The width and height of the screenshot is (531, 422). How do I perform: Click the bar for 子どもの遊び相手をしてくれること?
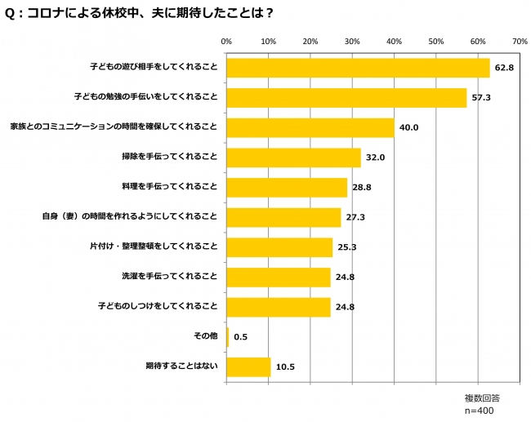click(x=358, y=68)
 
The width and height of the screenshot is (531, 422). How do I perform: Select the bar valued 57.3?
click(x=346, y=98)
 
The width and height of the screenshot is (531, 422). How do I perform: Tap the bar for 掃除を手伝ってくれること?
click(x=293, y=158)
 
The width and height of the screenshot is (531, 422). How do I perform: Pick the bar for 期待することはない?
click(x=248, y=366)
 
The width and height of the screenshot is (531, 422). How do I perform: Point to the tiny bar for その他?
click(x=228, y=336)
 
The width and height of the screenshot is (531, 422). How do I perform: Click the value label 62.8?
click(x=503, y=69)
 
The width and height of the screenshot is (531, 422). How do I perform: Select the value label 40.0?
click(x=408, y=128)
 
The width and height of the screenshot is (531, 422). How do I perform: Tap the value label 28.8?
click(x=361, y=188)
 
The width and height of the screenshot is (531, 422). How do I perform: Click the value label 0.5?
click(x=241, y=337)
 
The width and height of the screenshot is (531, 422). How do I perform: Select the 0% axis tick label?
click(x=227, y=40)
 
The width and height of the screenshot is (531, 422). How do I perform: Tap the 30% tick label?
click(x=352, y=40)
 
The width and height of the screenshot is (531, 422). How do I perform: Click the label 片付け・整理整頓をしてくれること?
click(x=153, y=247)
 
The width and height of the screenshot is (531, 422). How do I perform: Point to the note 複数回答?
click(x=482, y=398)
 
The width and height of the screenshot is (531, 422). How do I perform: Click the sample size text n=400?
click(x=482, y=411)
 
